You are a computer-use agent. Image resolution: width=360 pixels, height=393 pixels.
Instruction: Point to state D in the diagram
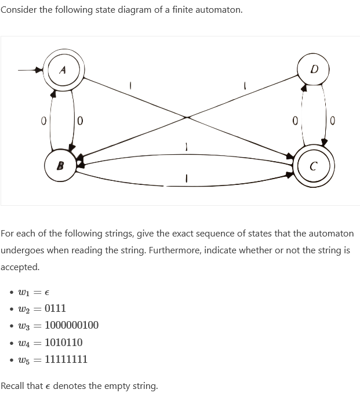pos(314,70)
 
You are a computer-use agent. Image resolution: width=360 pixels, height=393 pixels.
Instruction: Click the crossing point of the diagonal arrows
pos(186,118)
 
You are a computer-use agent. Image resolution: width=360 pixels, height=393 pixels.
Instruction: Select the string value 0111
pos(55,308)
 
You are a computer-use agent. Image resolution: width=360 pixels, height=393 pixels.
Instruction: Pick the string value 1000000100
pos(71,325)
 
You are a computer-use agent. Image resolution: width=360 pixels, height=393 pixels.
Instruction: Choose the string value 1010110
pos(63,342)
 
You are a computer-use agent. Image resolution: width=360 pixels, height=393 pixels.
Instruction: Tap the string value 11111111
pos(66,359)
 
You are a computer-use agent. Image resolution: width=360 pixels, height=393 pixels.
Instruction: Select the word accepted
pos(20,267)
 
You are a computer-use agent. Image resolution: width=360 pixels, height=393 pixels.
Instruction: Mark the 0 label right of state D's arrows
pos(333,121)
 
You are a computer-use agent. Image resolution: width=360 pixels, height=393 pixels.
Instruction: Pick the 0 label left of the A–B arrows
pos(43,121)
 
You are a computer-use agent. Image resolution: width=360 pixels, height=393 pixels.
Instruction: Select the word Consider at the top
pos(19,10)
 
